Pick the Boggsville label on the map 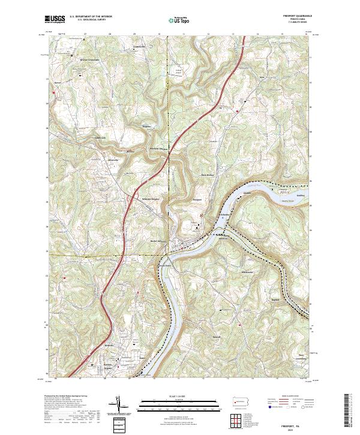(146, 127)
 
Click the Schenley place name (226, 214)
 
